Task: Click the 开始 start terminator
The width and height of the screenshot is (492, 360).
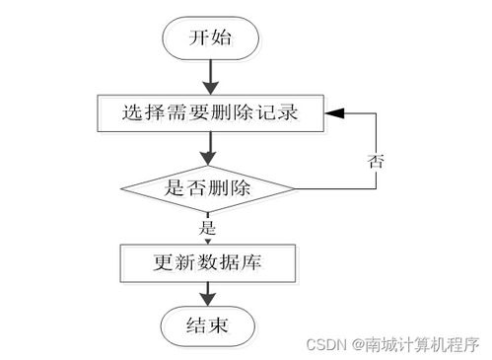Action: coord(210,38)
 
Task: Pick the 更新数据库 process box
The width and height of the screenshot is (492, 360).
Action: coord(208,262)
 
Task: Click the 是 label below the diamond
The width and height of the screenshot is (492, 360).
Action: coord(207,227)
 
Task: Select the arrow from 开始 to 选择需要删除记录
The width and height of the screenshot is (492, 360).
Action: coord(209,76)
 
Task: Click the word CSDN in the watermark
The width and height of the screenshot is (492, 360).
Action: coord(326,344)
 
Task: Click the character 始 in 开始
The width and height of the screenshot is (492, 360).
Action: coord(224,38)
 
